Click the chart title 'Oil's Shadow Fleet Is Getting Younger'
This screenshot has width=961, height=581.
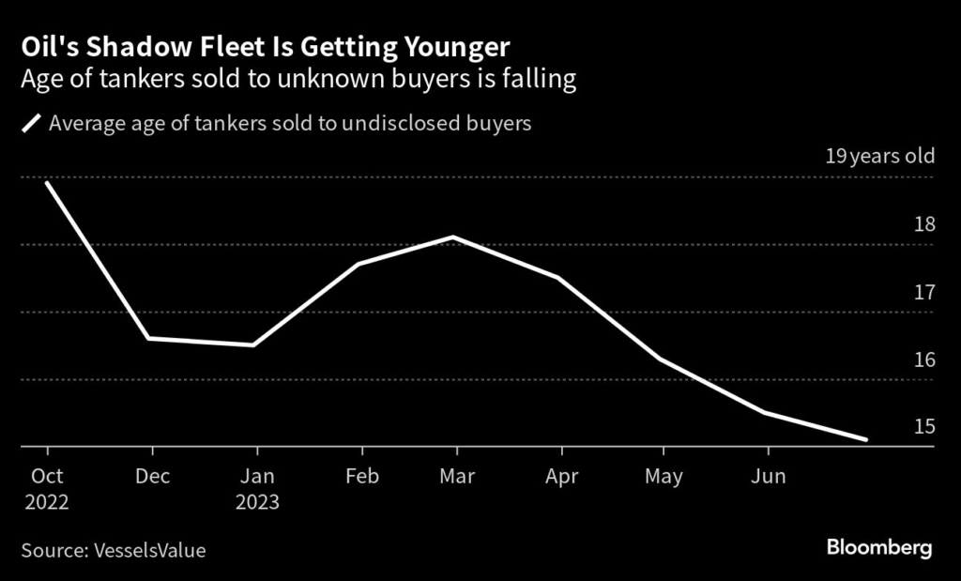266,47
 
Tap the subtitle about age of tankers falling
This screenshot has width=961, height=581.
297,80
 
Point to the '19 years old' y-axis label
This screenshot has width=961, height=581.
879,156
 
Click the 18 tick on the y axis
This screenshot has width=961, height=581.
924,224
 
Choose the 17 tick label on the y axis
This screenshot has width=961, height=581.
924,292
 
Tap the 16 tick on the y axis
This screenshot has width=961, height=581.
924,359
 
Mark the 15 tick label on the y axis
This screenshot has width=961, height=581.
924,427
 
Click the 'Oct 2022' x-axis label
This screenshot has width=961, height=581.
46,489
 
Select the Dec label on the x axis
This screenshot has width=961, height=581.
152,477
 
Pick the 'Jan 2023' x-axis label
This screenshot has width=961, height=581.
256,489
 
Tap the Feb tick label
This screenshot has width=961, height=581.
361,477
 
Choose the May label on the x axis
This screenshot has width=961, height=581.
664,477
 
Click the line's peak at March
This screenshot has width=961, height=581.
454,237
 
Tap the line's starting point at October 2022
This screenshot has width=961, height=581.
46,182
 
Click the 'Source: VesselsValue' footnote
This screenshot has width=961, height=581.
113,550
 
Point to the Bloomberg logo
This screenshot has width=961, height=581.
879,548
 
